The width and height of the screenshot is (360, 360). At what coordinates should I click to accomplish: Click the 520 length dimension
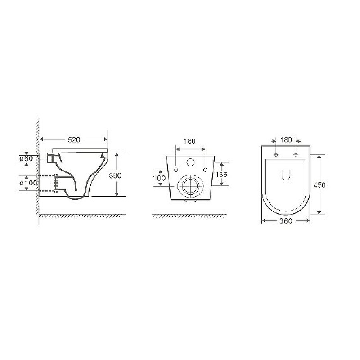[74, 139]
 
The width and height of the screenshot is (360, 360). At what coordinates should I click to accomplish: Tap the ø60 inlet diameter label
[26, 158]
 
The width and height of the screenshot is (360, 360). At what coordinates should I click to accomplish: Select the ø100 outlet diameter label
[28, 183]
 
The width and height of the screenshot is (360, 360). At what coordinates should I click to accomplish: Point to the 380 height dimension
[115, 175]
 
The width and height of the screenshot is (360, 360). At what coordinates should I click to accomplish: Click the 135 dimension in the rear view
[221, 175]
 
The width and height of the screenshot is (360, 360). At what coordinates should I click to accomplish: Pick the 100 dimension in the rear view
[159, 178]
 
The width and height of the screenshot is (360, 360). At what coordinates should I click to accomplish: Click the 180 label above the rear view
[189, 141]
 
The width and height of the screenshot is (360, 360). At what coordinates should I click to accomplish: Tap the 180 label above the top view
[286, 139]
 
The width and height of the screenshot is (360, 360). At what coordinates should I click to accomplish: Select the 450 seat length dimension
[319, 185]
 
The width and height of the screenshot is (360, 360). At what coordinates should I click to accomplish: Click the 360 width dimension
[286, 221]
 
